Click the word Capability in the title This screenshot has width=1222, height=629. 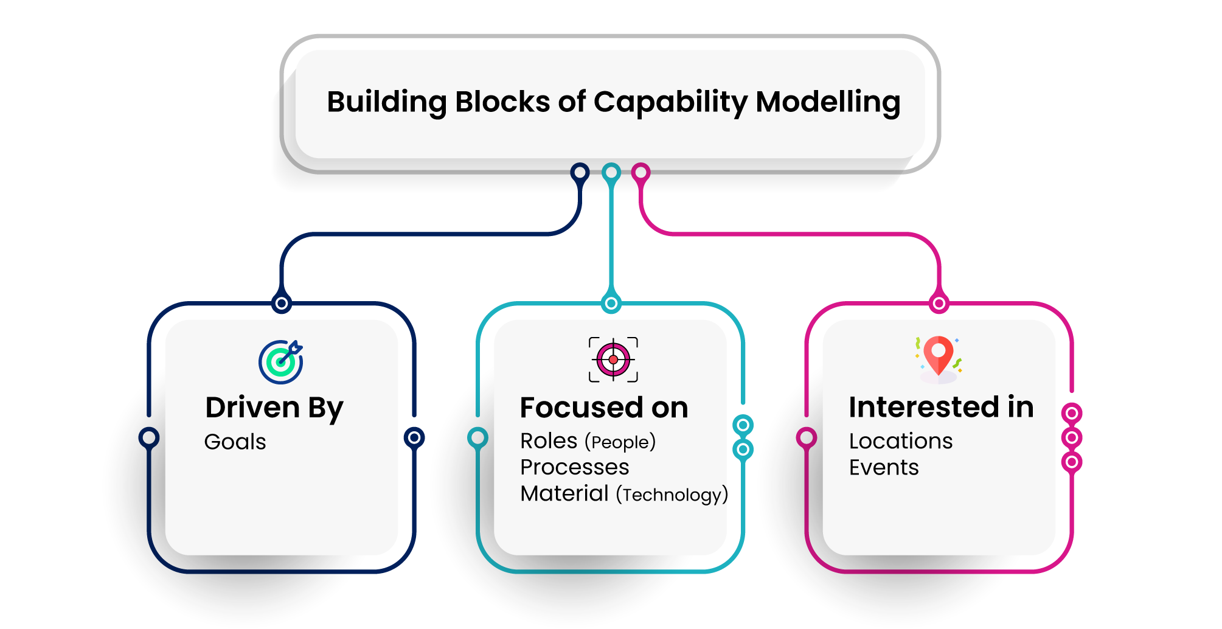coord(670,102)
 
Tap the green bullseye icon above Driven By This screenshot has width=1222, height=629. coord(280,362)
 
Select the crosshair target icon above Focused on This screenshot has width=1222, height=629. coord(613,360)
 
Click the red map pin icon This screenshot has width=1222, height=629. coord(939,356)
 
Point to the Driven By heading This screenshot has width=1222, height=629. coord(274,408)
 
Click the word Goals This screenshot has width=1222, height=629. coord(235,442)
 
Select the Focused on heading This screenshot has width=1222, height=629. coord(603,408)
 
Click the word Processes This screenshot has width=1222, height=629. coord(574,467)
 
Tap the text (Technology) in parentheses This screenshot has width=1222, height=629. coord(671,495)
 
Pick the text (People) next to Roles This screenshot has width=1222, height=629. coord(620,442)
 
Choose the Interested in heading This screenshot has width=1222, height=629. coord(941,407)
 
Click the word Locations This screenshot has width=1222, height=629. coord(900,441)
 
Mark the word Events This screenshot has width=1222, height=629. coord(883,468)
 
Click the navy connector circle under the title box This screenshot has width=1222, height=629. coord(580,172)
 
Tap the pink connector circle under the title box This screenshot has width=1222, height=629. coord(641,173)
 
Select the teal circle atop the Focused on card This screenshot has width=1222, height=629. coord(611,303)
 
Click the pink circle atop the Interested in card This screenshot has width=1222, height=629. coord(939,303)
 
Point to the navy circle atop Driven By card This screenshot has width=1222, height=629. coord(282,303)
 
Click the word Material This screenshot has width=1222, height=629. coord(564,493)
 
